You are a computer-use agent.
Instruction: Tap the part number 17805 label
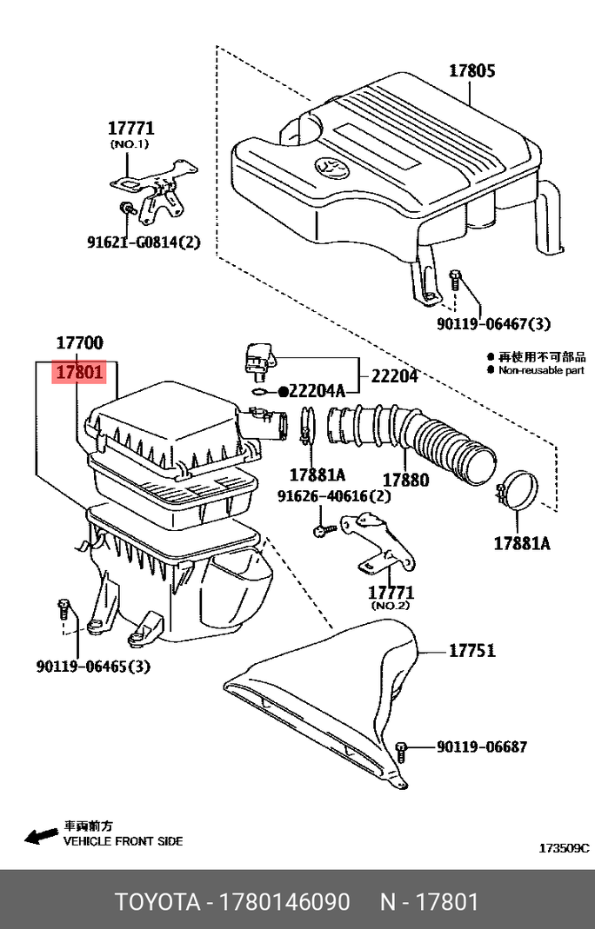pyautogui.click(x=472, y=70)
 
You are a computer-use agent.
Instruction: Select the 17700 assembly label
pyautogui.click(x=80, y=344)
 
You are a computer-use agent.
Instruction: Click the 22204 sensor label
pyautogui.click(x=395, y=376)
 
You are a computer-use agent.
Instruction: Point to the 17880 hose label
pyautogui.click(x=405, y=480)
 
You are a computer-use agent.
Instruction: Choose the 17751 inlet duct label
pyautogui.click(x=471, y=650)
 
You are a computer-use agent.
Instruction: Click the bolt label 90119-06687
pyautogui.click(x=481, y=747)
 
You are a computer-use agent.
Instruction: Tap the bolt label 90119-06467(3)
pyautogui.click(x=494, y=324)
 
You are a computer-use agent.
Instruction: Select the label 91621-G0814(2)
pyautogui.click(x=144, y=242)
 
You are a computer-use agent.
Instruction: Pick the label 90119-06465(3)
pyautogui.click(x=93, y=667)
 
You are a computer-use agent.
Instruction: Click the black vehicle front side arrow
pyautogui.click(x=39, y=836)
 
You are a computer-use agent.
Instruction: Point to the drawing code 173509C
pyautogui.click(x=564, y=847)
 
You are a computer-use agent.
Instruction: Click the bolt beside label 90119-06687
pyautogui.click(x=401, y=748)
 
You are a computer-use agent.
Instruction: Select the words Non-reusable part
pyautogui.click(x=540, y=369)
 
